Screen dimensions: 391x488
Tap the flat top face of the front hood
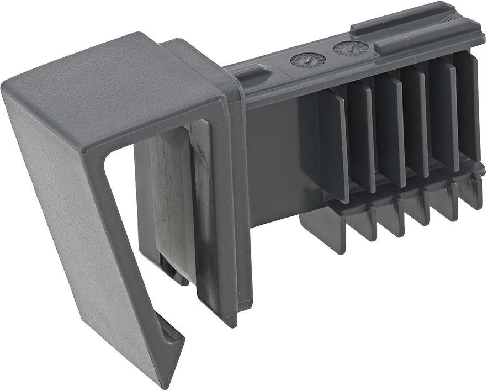pos(110,88)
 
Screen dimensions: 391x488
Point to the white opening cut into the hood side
pos(124,221)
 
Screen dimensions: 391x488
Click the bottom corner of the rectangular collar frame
pos(232,318)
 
